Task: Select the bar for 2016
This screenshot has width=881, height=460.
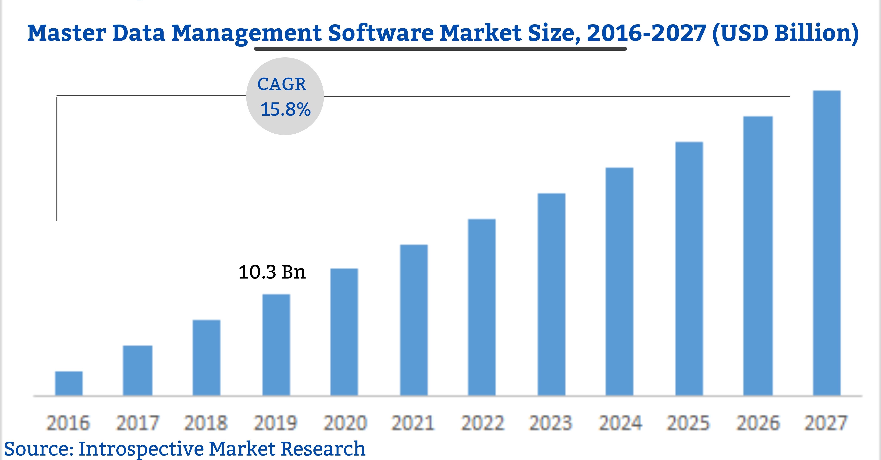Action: point(69,383)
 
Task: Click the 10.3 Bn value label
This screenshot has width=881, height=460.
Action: point(272,272)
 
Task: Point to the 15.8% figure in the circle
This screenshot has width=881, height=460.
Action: point(285,109)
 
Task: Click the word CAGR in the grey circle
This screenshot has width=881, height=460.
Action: point(282,84)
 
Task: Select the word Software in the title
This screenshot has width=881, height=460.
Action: point(381,33)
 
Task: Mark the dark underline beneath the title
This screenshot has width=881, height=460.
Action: point(440,49)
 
